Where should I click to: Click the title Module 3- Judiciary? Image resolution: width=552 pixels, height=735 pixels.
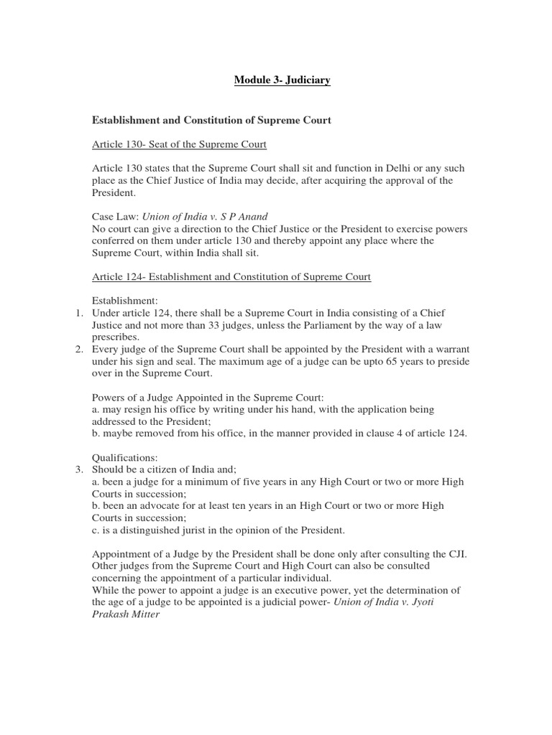[x=282, y=80]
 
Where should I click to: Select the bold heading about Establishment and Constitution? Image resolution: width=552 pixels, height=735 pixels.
[x=211, y=121]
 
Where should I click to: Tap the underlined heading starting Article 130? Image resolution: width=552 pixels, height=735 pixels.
[x=179, y=144]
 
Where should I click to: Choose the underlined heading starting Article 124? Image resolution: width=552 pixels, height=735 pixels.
[x=231, y=276]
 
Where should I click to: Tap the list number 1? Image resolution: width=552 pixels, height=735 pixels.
[x=79, y=313]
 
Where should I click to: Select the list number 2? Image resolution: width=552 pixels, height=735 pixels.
[x=79, y=349]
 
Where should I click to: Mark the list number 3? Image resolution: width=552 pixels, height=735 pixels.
[x=79, y=469]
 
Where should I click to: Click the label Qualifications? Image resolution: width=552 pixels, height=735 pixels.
[x=124, y=457]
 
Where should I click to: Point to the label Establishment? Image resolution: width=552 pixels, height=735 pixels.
[x=126, y=301]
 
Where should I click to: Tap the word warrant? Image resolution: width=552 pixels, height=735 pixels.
[x=451, y=349]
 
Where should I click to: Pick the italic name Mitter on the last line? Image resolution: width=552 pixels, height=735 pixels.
[x=144, y=614]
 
